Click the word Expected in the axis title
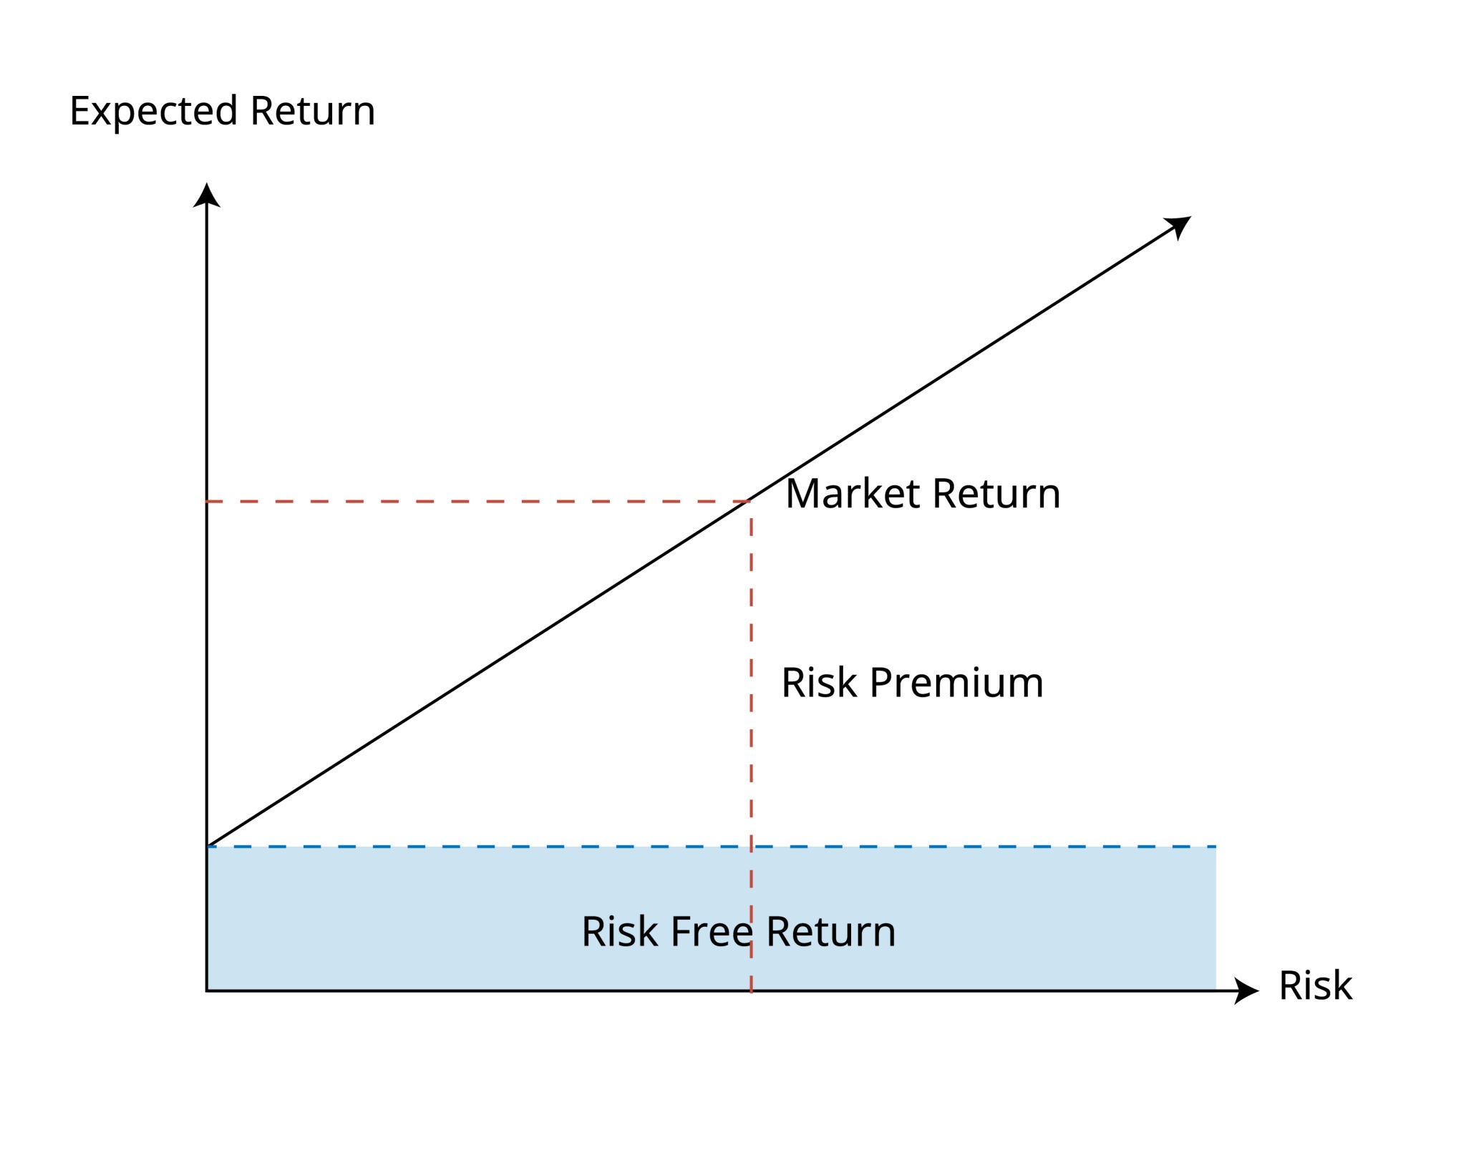coord(152,112)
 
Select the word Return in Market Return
coord(996,494)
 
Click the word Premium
coord(956,683)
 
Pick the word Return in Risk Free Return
coord(830,932)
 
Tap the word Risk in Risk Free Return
coord(619,932)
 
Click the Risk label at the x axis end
coord(1315,985)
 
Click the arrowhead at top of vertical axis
coord(207,195)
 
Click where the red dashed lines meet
coord(751,501)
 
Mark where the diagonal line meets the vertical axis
coord(207,846)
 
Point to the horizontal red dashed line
coord(472,502)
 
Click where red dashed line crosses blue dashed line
coord(751,847)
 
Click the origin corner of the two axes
coord(207,991)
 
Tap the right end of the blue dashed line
coord(1214,847)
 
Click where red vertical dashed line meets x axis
coord(751,991)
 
